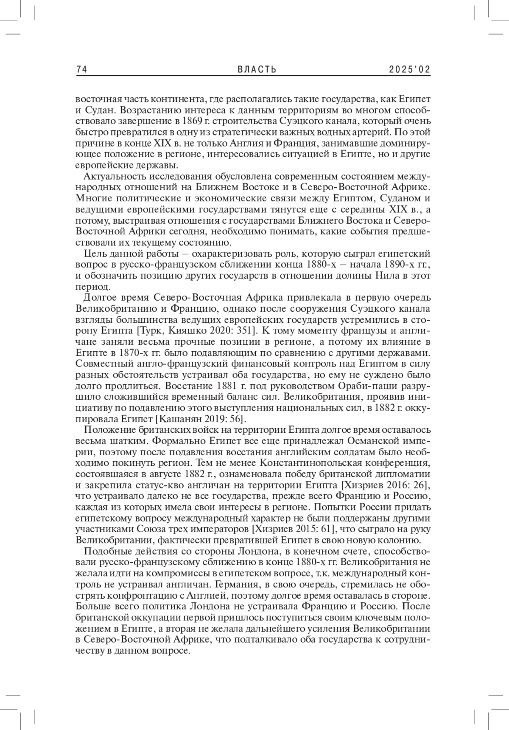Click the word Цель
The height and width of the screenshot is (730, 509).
pos(94,254)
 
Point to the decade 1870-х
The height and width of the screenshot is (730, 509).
pos(127,353)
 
